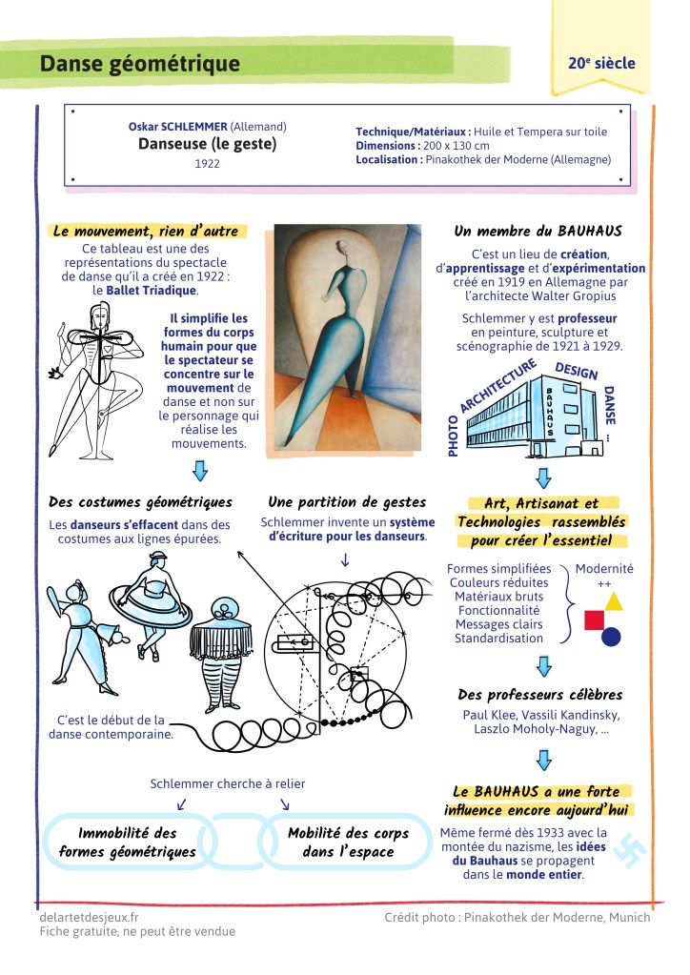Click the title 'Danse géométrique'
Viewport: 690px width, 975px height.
(139, 64)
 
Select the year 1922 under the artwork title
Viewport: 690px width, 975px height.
(207, 163)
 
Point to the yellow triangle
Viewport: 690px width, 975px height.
(614, 601)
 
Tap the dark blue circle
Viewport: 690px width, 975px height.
(611, 636)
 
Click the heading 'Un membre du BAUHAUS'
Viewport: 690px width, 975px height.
(538, 231)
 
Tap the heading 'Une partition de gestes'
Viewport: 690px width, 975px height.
(347, 501)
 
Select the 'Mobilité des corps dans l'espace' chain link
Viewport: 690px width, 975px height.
(348, 842)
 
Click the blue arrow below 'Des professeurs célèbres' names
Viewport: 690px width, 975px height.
(543, 760)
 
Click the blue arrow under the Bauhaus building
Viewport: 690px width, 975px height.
(543, 477)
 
